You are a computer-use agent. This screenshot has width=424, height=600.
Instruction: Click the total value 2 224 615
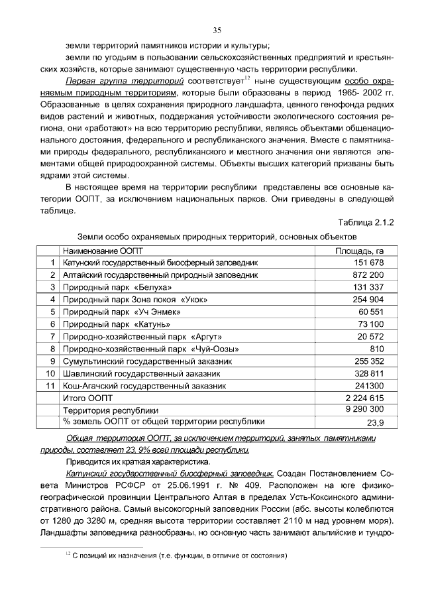click(x=364, y=398)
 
